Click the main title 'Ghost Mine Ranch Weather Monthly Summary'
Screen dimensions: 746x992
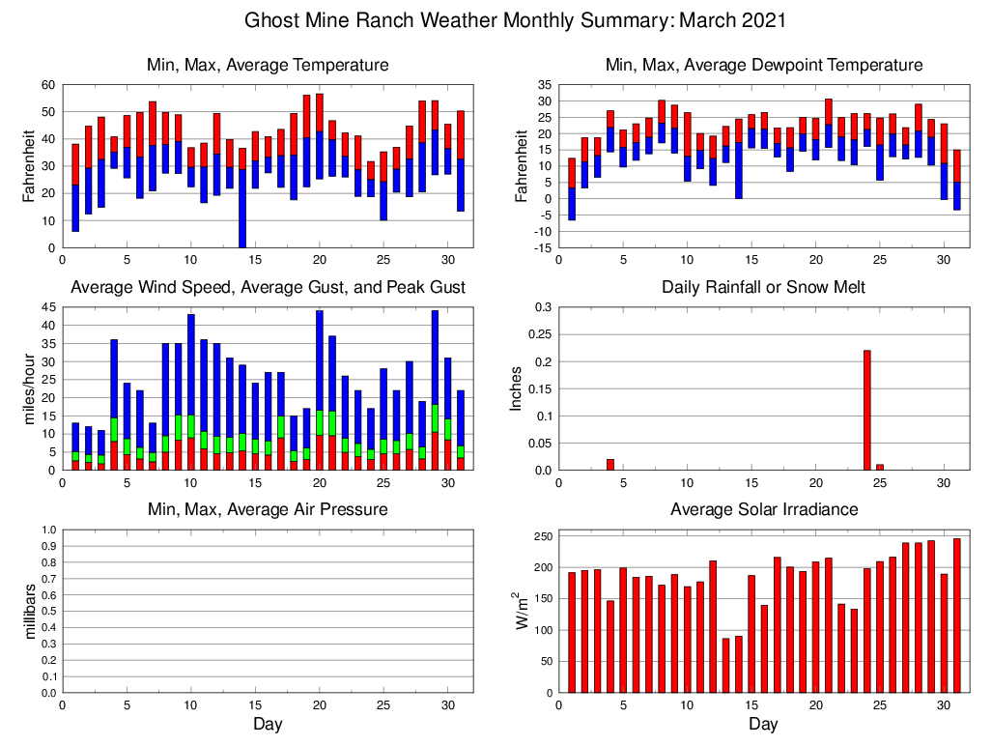coord(515,20)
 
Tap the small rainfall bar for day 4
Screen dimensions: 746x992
coord(609,465)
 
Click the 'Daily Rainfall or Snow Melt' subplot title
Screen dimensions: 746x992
coord(763,287)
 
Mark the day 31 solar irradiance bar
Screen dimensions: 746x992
coord(956,616)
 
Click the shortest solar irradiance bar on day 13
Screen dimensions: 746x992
coord(725,666)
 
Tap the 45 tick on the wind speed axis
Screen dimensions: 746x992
coord(48,308)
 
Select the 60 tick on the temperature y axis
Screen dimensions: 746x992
coord(48,85)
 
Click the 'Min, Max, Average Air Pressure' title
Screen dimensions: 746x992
coord(268,509)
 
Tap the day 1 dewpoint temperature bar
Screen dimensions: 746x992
coord(572,189)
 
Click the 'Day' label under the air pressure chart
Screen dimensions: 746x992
coord(268,724)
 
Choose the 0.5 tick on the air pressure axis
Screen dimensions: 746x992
coord(49,612)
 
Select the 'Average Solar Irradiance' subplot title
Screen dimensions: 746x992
coord(763,509)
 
